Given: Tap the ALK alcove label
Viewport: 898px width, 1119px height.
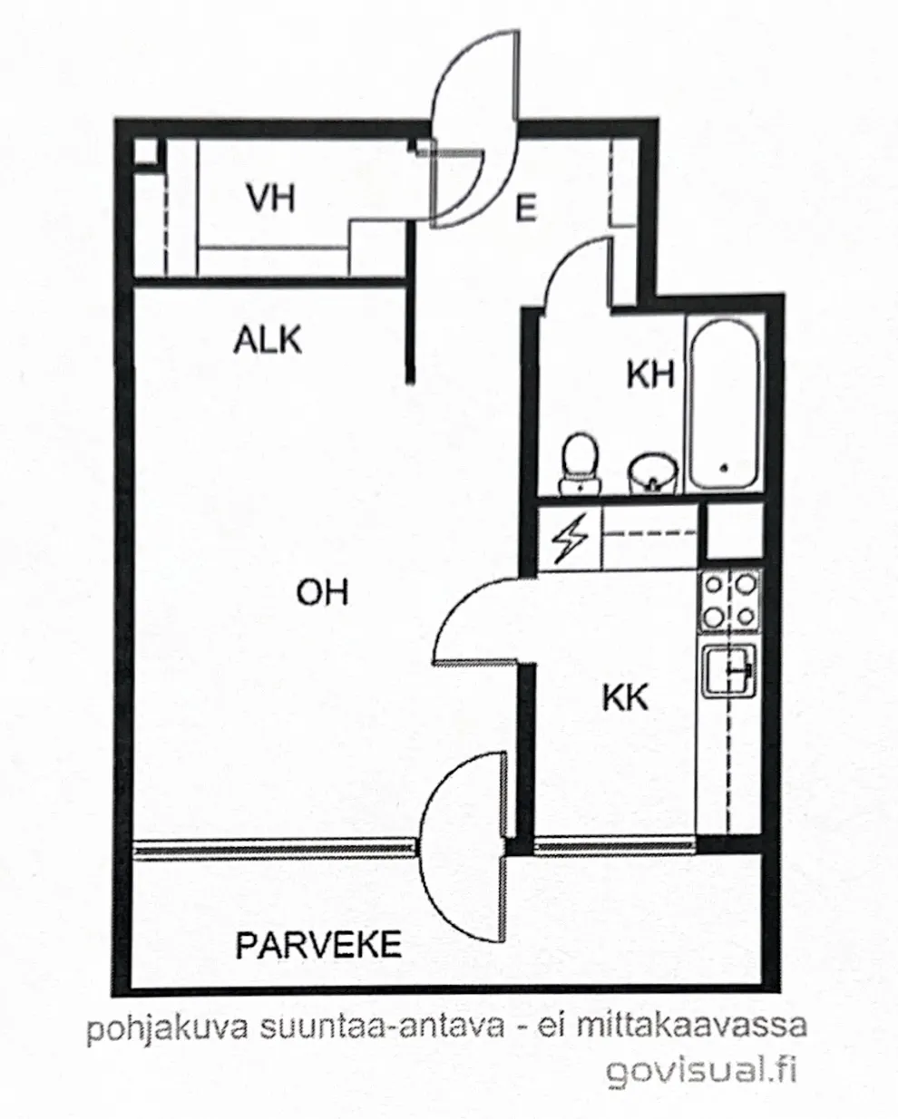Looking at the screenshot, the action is tap(268, 340).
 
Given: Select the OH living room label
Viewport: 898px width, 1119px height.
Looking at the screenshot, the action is tap(322, 593).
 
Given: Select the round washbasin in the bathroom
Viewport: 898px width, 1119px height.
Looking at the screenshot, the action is tap(653, 472).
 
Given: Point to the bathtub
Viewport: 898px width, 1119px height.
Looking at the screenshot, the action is tap(724, 404).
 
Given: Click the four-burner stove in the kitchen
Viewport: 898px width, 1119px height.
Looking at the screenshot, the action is tap(730, 601).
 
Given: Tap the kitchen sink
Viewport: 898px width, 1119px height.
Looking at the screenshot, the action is tap(729, 671).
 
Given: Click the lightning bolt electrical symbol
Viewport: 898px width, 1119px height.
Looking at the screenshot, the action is tap(571, 539).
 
